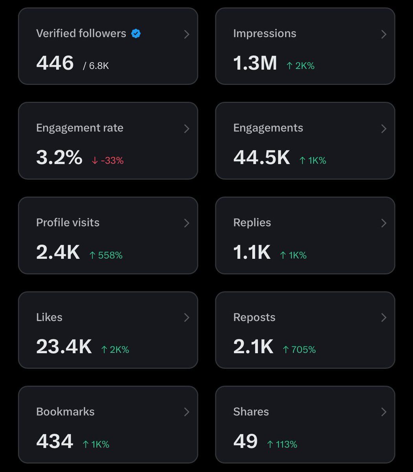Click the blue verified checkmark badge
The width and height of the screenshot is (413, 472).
coord(136,34)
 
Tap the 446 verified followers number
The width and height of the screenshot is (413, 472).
coord(55,63)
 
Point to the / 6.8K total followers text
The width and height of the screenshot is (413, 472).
coord(95,66)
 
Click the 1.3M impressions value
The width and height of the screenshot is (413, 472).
coord(255,63)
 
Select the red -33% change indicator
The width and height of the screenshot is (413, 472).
coord(108,160)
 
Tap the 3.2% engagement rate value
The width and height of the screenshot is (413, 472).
coord(59,158)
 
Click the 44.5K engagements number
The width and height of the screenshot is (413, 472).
coord(262,158)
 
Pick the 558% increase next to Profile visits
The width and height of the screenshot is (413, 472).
coord(106,255)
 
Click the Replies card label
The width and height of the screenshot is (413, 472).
coord(252,223)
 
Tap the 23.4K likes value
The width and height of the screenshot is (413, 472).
coord(64,347)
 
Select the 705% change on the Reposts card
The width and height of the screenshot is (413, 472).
coord(299,350)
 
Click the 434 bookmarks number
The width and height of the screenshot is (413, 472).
coord(55,441)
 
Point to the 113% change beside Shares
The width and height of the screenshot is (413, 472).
coord(282,444)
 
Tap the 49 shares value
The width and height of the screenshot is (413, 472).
coord(245,441)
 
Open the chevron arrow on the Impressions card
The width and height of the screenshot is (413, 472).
coord(384,34)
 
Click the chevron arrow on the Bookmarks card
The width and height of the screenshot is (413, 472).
coord(187,412)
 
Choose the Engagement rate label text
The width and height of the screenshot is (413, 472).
coord(80,128)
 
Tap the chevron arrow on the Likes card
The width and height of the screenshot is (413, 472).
coord(187,317)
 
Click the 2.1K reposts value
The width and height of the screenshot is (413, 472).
coord(253,347)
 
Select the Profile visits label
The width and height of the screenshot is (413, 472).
coord(68,223)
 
